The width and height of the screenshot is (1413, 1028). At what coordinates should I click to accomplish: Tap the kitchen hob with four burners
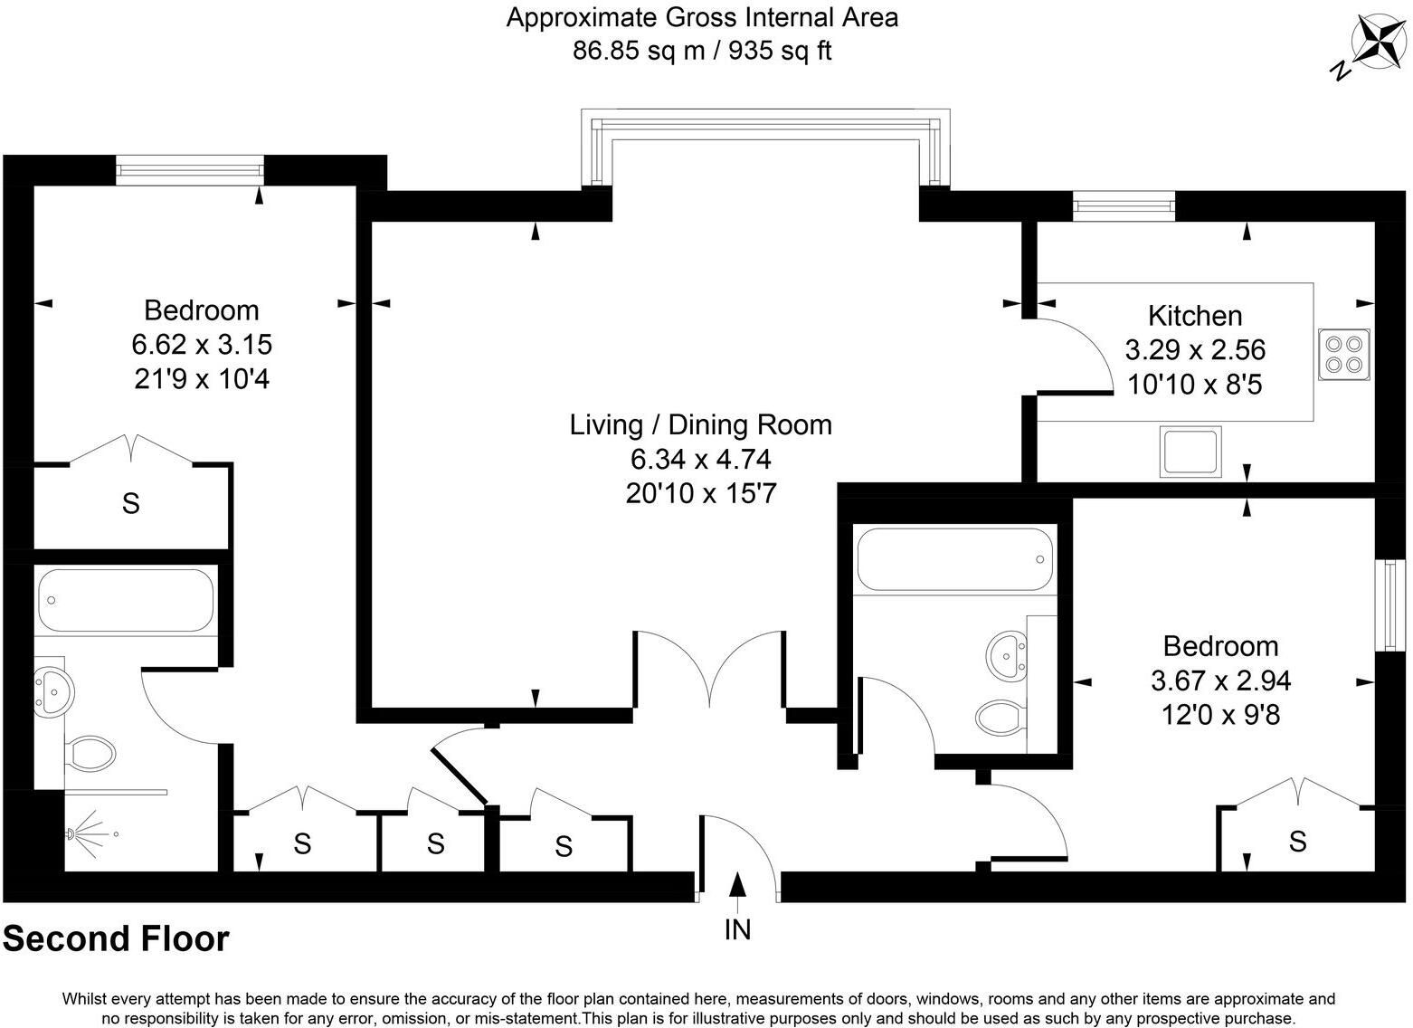click(1344, 354)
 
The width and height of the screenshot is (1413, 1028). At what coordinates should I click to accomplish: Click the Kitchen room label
click(1194, 316)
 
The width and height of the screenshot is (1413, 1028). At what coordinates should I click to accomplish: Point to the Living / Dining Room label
click(700, 424)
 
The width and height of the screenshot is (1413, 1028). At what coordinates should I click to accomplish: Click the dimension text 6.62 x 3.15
click(202, 345)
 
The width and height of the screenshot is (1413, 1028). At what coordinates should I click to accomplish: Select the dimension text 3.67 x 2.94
click(1220, 681)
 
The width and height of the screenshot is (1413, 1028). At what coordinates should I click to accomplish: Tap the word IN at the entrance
click(737, 929)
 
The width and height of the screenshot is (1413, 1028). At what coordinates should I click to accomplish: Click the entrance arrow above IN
click(737, 887)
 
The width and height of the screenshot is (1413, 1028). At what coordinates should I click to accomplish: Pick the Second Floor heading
click(116, 939)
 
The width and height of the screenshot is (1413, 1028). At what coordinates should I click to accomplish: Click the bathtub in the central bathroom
click(954, 560)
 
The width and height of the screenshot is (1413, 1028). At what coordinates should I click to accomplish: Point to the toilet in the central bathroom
click(1000, 718)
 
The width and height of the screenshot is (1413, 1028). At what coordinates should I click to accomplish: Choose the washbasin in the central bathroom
click(1010, 652)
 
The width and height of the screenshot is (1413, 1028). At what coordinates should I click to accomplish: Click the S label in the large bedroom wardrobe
click(131, 504)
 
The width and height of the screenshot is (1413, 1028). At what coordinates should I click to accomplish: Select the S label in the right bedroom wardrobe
click(1297, 842)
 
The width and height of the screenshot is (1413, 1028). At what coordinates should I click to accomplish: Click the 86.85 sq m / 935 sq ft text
click(701, 51)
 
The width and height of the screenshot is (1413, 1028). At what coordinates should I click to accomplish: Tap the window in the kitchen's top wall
click(1124, 206)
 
